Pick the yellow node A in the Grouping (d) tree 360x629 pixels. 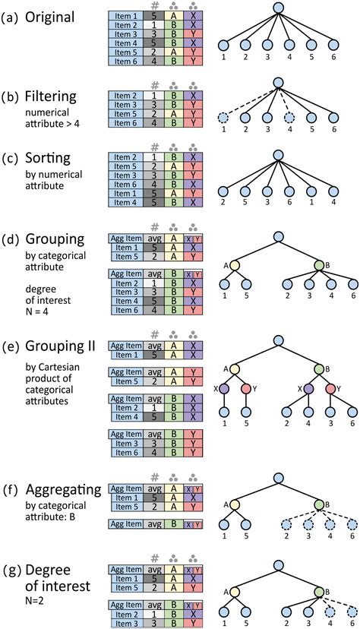[234, 265]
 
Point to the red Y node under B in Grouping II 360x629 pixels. [331, 388]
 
